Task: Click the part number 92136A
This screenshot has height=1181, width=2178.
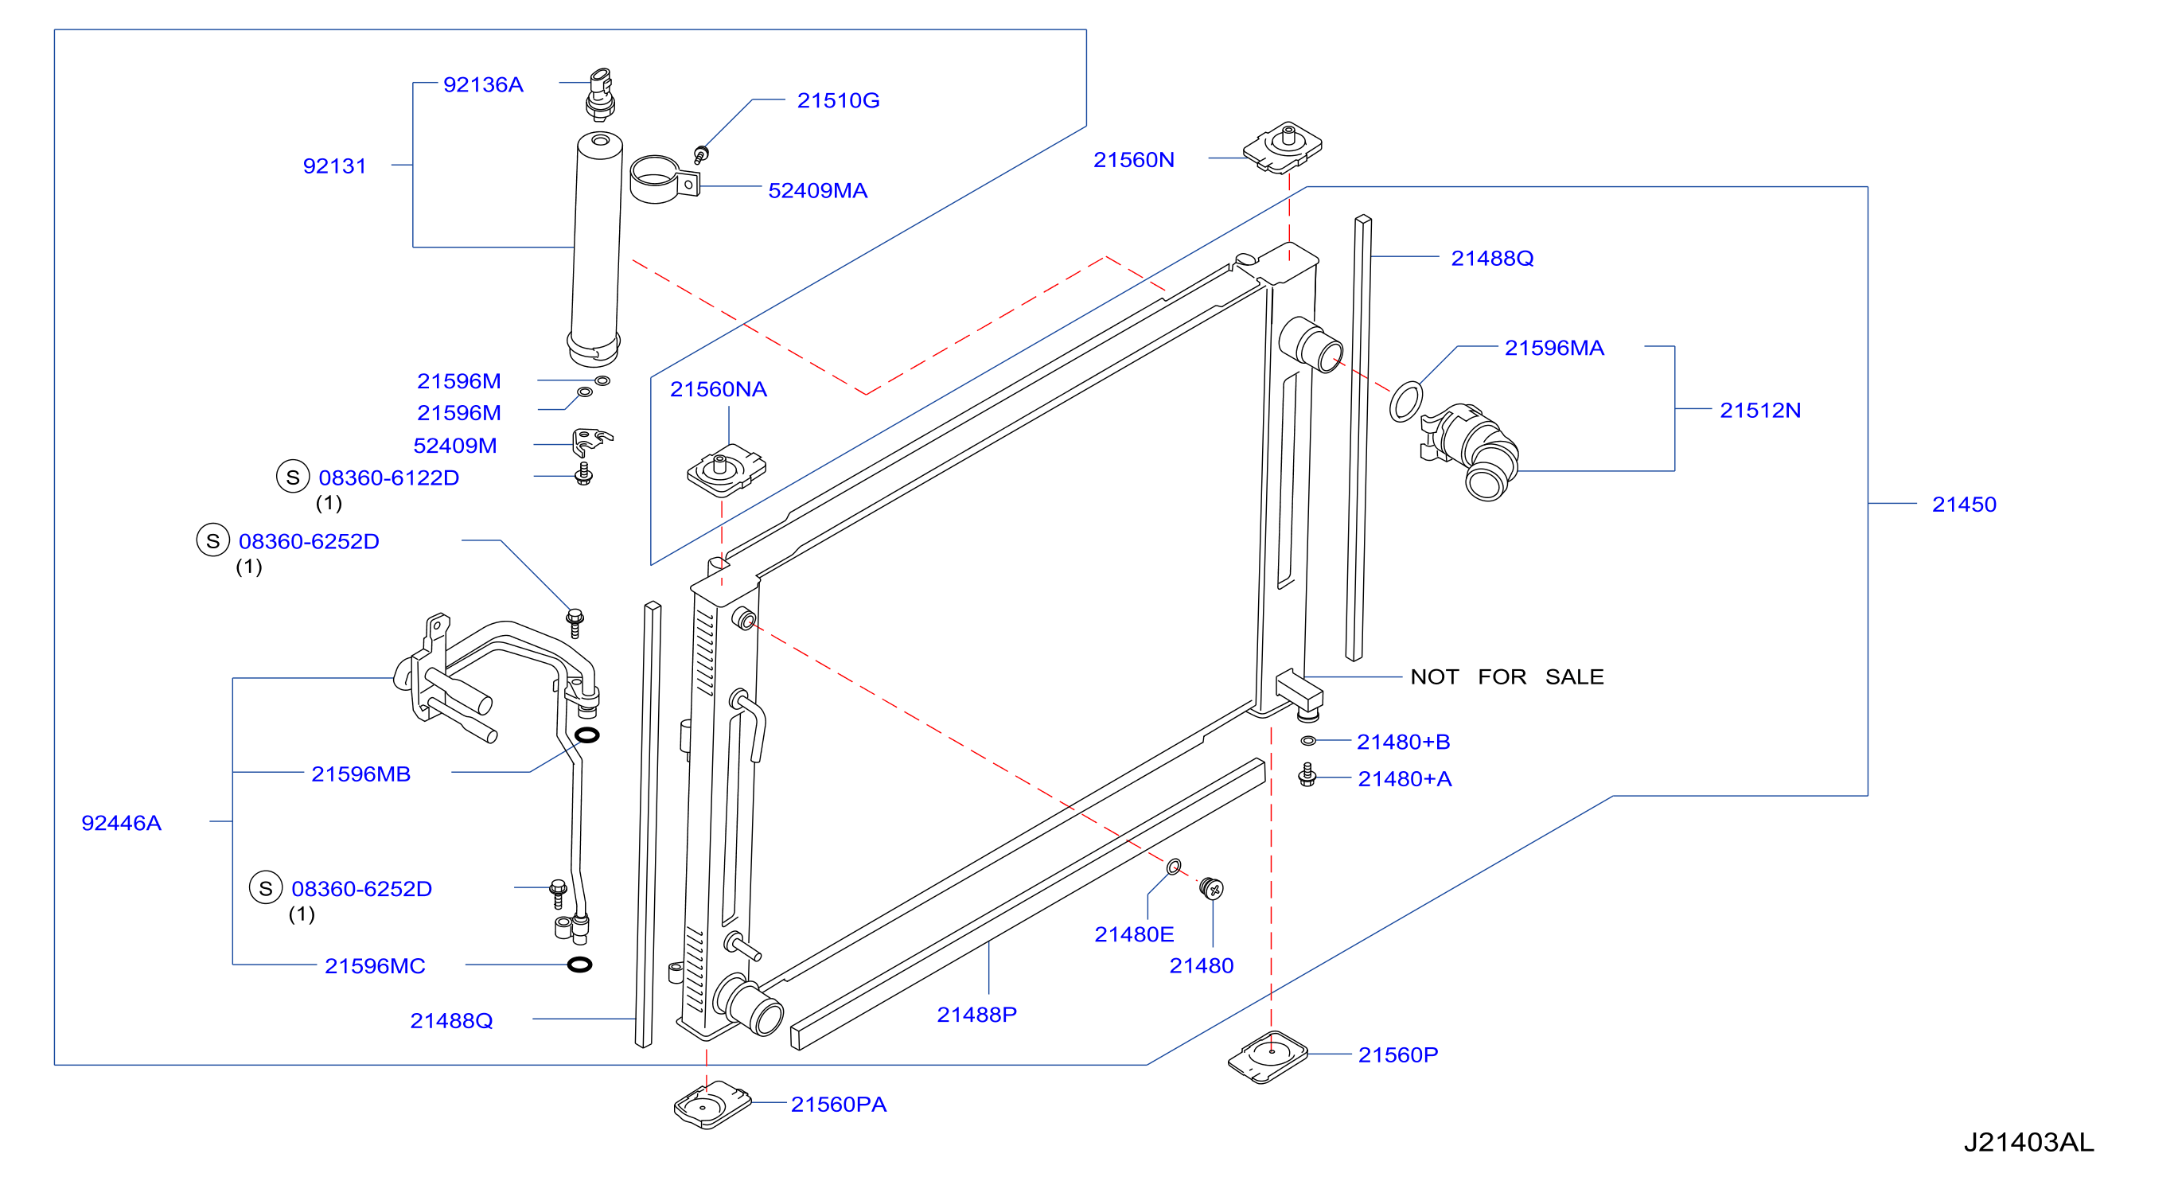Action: pos(483,84)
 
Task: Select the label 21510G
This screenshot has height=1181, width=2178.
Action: pos(838,100)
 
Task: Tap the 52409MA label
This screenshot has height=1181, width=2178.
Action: pos(817,190)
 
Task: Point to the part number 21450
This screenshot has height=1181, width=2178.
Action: pos(1963,505)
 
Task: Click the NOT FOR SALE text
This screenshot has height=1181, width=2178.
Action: pos(1506,676)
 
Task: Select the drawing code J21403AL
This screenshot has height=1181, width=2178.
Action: pos(2028,1142)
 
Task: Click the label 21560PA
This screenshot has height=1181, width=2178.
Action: pos(839,1104)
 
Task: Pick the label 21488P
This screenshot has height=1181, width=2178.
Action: pos(976,1015)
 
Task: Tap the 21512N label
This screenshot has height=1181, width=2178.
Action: pos(1760,410)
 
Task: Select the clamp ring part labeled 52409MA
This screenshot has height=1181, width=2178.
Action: pos(664,180)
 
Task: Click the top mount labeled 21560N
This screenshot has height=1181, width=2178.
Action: pos(1283,147)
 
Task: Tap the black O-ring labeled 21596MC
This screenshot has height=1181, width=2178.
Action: pos(579,965)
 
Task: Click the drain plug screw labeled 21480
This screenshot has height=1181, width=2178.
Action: pos(1212,888)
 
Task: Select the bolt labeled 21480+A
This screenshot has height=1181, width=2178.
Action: pos(1307,774)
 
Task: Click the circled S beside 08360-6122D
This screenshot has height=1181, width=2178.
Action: pos(293,477)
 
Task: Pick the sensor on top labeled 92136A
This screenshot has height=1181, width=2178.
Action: pos(600,95)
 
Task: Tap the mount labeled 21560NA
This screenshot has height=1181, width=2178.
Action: pos(727,470)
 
